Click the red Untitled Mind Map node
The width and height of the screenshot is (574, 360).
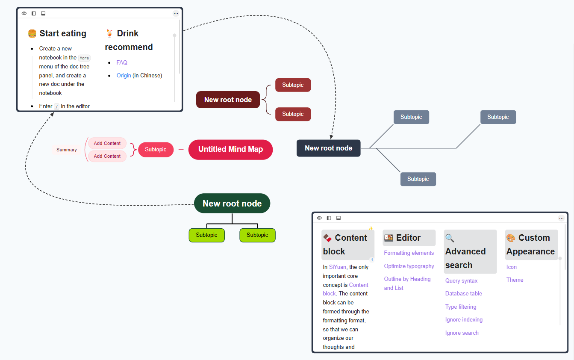[230, 150]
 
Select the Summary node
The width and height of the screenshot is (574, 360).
[67, 150]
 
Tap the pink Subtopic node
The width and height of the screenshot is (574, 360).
[156, 150]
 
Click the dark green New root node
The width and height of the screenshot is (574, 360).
[232, 204]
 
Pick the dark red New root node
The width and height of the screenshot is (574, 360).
[228, 100]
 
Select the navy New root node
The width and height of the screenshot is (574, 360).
[328, 148]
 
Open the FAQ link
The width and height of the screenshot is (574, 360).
[122, 62]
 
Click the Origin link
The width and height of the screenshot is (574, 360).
[124, 76]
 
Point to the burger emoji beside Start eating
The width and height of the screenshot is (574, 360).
[32, 33]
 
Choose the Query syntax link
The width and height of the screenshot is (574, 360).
[461, 281]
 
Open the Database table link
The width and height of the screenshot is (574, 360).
[463, 294]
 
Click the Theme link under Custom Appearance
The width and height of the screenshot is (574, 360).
[515, 280]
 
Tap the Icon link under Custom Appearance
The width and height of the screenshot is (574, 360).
[511, 267]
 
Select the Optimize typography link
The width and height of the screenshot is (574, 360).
[409, 266]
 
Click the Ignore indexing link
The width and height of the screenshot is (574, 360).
[464, 320]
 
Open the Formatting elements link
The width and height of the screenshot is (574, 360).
[409, 253]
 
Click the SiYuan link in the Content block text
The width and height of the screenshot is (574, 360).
[337, 267]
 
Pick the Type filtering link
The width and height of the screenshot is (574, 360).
[460, 307]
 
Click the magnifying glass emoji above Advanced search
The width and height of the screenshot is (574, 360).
[450, 238]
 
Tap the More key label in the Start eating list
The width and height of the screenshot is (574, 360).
[84, 58]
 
